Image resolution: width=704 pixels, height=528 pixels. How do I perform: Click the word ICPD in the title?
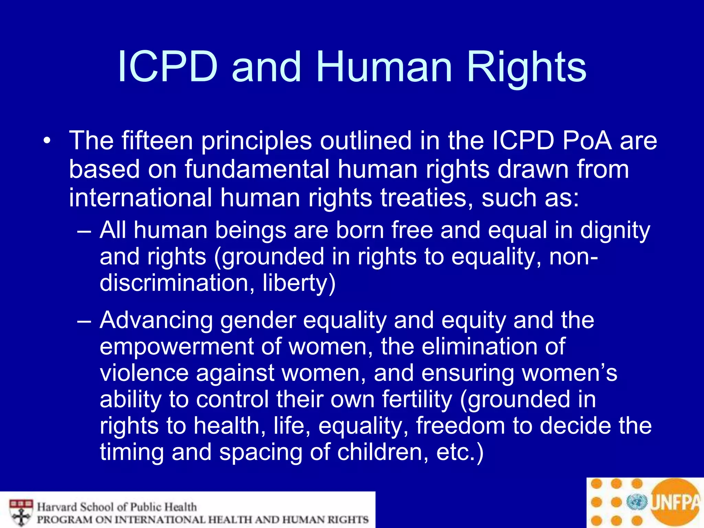(168, 67)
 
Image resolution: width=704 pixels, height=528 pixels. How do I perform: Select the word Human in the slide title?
(384, 67)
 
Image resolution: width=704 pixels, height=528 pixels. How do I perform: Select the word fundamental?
(257, 169)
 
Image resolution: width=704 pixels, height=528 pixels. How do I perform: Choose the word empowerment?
(176, 346)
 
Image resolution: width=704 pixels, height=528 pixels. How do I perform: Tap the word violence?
(144, 373)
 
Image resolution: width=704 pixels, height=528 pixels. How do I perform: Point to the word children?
(383, 452)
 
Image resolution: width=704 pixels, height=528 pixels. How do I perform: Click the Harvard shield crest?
(21, 512)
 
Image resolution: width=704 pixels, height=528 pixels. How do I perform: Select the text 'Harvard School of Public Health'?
(117, 507)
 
